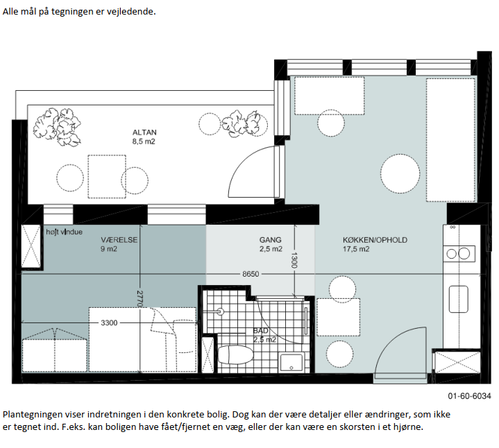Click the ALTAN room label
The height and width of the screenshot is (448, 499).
point(144,132)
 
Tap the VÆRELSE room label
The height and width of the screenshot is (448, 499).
point(119,240)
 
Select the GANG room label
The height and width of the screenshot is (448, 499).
point(270,240)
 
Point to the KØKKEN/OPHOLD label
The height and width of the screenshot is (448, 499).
point(375,240)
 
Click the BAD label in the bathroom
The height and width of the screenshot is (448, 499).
point(261,331)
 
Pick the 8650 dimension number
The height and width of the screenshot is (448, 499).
point(251,274)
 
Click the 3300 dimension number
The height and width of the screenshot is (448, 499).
point(109,322)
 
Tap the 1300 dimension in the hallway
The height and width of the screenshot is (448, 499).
point(294,260)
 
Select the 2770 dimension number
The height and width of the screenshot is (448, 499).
point(139,298)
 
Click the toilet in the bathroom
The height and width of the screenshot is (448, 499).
point(235,354)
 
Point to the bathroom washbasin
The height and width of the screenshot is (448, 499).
point(291,363)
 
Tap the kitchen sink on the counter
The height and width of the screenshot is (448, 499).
point(458,299)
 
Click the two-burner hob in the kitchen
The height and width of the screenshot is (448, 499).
point(459,253)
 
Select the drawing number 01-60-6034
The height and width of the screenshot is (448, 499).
point(469,396)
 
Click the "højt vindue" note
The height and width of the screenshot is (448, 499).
point(65,232)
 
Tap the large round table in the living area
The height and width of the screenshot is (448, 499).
point(400,173)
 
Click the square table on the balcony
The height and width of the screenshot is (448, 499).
point(107,176)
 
